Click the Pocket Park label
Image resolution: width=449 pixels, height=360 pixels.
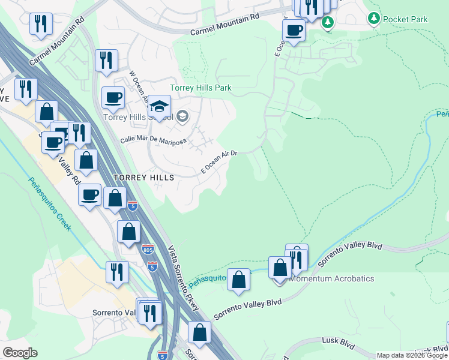tap(405, 19)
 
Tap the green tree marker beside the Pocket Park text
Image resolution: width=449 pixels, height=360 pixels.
tap(374, 19)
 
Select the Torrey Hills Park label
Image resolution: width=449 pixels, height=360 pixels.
tap(200, 88)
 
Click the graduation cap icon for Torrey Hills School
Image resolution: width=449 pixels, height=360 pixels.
tap(159, 106)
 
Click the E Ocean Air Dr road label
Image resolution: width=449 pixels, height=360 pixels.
tap(219, 162)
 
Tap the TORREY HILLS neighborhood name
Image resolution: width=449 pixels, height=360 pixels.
tap(144, 178)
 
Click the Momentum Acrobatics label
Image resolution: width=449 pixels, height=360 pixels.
tap(331, 279)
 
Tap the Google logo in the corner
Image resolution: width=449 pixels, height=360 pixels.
tap(20, 353)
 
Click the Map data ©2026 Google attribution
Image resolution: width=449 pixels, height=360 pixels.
tap(412, 355)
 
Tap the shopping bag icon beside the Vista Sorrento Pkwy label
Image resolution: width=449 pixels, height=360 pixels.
tap(199, 332)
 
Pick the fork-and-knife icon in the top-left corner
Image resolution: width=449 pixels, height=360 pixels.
tap(41, 24)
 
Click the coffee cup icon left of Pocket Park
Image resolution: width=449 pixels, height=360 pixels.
tap(294, 29)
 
